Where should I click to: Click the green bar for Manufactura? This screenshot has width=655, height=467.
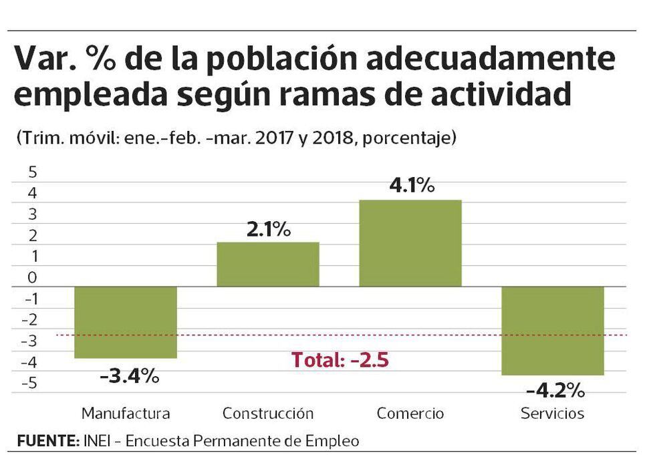(x=125, y=322)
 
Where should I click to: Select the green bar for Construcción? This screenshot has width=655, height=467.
(x=268, y=265)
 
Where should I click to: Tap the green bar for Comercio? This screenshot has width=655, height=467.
(x=410, y=243)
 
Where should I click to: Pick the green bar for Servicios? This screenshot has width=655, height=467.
(x=553, y=331)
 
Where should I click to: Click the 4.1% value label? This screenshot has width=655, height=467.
(x=412, y=185)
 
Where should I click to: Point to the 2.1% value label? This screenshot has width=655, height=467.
(x=267, y=229)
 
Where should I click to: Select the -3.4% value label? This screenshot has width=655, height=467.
(x=129, y=375)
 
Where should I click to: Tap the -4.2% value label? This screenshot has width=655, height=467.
(x=555, y=390)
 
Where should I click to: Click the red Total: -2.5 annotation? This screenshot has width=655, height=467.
(x=340, y=360)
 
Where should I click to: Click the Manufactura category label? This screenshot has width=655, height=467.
(x=126, y=413)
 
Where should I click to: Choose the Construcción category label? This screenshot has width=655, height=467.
(x=268, y=413)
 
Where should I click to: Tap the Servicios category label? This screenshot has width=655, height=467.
(x=552, y=413)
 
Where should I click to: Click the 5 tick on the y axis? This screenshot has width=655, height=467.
(x=32, y=172)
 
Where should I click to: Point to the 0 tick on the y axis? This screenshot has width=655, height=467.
(x=32, y=278)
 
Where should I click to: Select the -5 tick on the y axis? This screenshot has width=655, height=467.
(x=29, y=384)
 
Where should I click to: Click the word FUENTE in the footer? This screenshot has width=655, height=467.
(x=47, y=441)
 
